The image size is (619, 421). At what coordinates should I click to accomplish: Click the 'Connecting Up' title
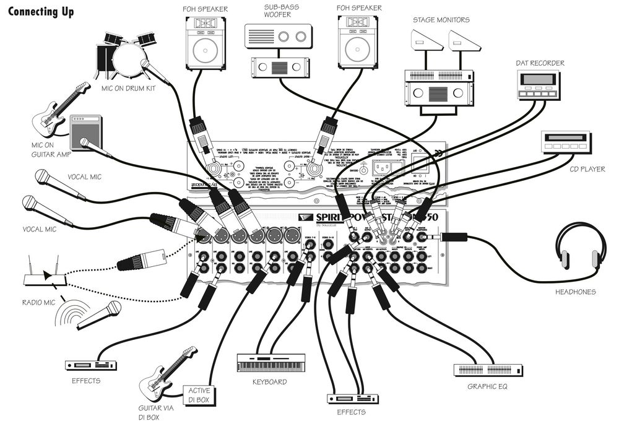41,12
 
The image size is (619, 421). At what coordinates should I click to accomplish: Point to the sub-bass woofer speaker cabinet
277,37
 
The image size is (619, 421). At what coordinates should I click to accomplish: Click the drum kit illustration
124,53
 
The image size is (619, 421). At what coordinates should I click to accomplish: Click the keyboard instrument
271,363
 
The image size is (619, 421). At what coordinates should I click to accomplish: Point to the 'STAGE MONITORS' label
441,20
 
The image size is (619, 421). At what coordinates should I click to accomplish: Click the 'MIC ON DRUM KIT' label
128,88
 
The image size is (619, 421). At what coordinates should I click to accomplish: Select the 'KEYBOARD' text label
269,382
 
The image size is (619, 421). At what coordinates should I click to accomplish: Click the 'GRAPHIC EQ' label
488,388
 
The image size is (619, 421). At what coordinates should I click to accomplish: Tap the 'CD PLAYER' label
587,168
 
